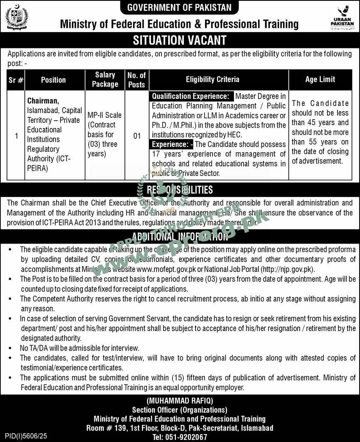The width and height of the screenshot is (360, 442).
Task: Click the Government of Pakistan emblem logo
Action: [17, 17]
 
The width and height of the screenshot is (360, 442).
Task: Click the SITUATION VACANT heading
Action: [180, 40]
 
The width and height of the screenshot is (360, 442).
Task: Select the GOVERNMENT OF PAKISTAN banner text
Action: [180, 7]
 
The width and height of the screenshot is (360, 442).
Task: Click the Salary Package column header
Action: [105, 79]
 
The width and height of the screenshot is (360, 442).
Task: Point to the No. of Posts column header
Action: [137, 79]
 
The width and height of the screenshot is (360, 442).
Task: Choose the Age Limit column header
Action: [320, 79]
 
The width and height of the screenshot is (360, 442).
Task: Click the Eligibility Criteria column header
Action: [212, 79]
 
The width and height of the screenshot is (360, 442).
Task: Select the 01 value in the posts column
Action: [137, 136]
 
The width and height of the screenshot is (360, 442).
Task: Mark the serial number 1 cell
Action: [16, 136]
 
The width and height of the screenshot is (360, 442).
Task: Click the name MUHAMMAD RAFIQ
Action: [180, 400]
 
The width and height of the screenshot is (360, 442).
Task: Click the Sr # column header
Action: [16, 79]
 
